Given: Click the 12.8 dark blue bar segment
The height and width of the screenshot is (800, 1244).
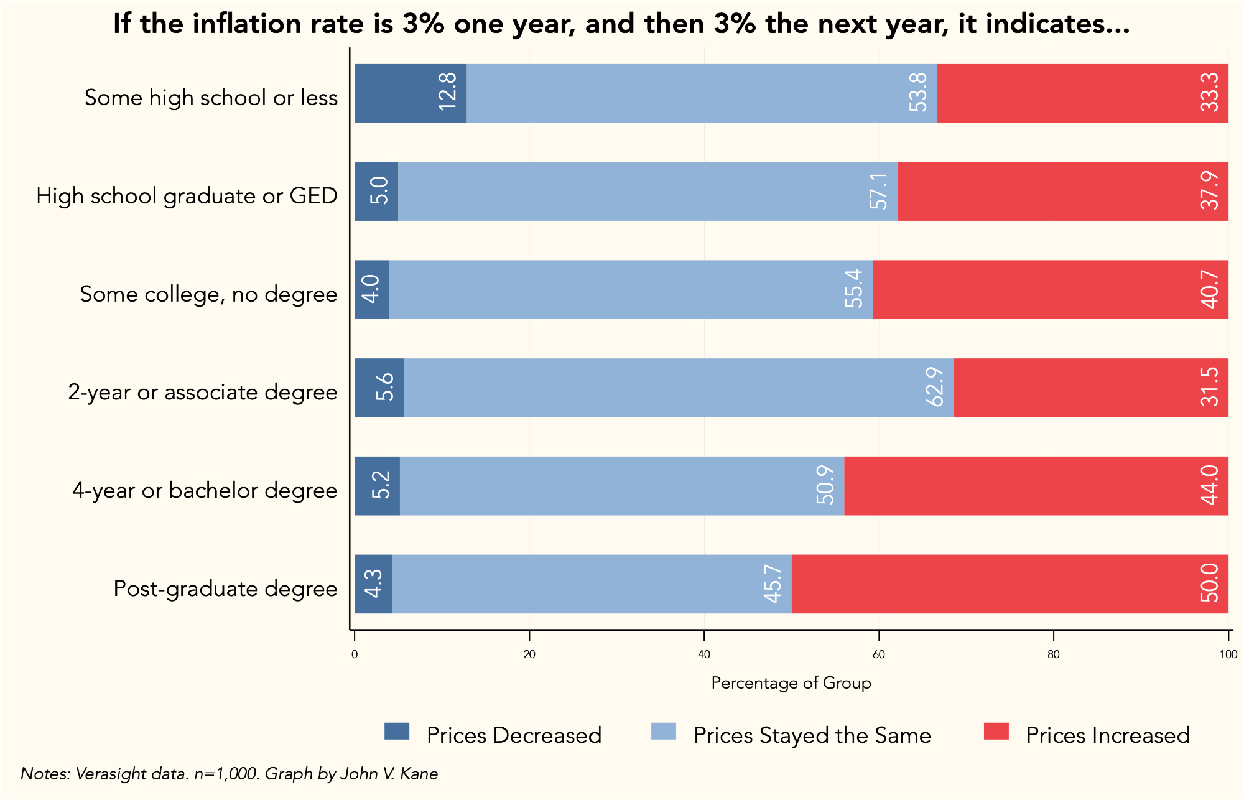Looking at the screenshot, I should coord(410,93).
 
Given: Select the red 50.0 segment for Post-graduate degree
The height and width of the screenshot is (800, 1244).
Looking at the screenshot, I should coord(1009,584).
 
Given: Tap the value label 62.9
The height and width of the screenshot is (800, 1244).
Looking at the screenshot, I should coord(935,387).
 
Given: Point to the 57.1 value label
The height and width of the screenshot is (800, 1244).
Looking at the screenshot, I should coord(879,191).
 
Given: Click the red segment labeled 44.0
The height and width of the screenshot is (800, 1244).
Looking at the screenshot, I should coord(1036,486).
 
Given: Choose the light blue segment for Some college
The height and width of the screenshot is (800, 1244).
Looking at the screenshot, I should coord(631,289).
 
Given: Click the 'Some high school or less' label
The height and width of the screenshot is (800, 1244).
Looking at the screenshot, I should coord(211,98).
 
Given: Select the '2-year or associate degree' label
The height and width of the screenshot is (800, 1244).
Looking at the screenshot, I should coord(202,393).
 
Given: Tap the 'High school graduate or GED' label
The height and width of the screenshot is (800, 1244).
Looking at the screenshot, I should coord(187,196).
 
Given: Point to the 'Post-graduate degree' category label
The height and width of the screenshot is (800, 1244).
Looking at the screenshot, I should coord(225,588).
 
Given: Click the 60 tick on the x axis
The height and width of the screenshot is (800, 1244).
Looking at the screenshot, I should coord(878,654).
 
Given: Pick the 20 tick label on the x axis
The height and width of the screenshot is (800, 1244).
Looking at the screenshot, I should coord(529,654).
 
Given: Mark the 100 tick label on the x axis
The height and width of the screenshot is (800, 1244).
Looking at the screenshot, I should coord(1228,654).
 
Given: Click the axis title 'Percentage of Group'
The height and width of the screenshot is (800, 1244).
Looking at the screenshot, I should coord(791,683).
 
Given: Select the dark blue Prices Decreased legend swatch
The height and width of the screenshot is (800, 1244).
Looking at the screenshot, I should coord(397,732).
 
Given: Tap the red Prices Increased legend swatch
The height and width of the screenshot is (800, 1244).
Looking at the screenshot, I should coord(996,732).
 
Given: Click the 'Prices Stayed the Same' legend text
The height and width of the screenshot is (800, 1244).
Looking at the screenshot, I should coord(812,735).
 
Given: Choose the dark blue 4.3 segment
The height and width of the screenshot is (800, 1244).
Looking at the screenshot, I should coord(373,584).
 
